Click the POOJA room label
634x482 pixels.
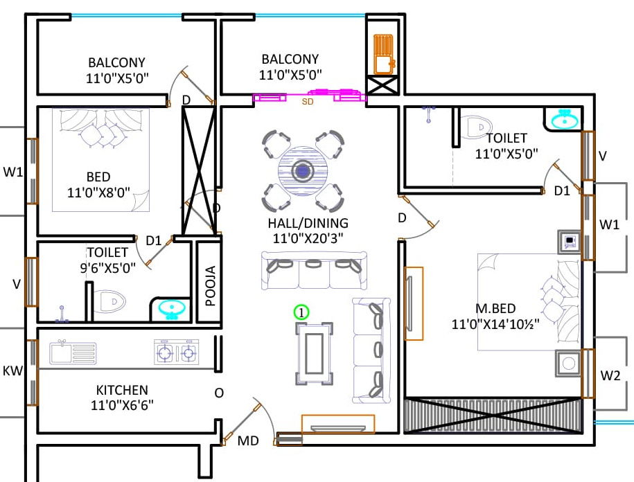click(x=210, y=286)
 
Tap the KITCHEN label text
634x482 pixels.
click(x=122, y=391)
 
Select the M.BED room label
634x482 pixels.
click(x=495, y=308)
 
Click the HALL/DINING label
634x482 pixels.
click(x=308, y=224)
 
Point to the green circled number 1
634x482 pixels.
click(x=301, y=312)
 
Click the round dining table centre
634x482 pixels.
click(x=302, y=171)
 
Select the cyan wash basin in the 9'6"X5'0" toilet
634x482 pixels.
click(x=171, y=309)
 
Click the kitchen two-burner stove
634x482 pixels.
click(x=177, y=353)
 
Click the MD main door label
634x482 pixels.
click(x=248, y=440)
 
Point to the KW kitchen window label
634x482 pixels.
click(x=12, y=371)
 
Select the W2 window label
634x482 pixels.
click(x=610, y=377)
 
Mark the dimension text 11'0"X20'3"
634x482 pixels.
click(x=308, y=238)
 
